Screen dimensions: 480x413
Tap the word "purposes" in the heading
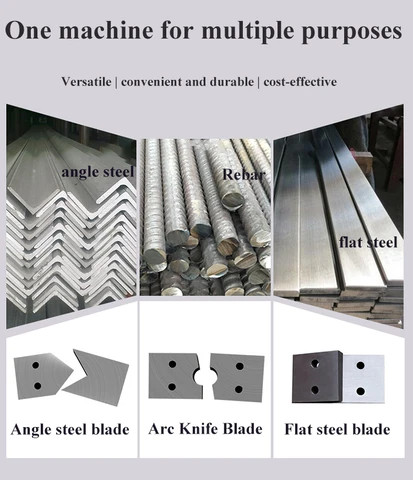(343, 32)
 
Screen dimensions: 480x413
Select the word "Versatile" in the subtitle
(87, 79)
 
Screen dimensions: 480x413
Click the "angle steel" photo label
(97, 172)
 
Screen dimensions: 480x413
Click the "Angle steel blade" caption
(70, 430)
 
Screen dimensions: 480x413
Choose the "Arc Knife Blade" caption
(205, 429)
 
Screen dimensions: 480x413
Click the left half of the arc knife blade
(174, 375)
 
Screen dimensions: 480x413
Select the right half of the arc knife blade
(238, 375)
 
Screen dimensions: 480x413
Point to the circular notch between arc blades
(206, 376)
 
